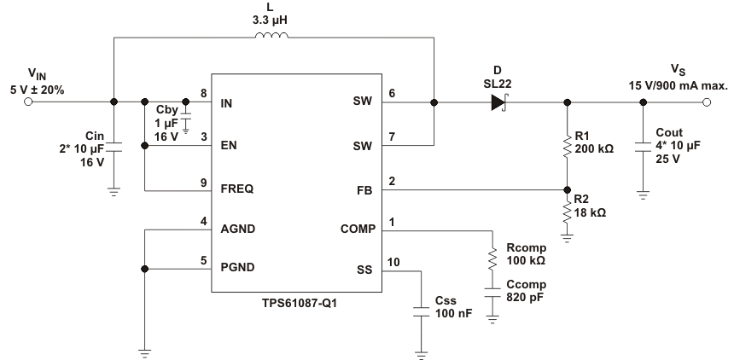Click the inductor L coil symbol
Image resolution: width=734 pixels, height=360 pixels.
(x=272, y=36)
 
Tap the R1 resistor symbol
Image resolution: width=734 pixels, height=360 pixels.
(x=566, y=147)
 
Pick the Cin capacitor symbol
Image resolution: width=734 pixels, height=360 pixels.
(x=114, y=150)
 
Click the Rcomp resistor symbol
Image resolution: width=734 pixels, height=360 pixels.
(x=492, y=258)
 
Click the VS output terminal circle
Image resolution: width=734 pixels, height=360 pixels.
(x=706, y=103)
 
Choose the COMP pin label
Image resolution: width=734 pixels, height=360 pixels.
(x=356, y=230)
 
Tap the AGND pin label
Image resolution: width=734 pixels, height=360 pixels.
(x=239, y=229)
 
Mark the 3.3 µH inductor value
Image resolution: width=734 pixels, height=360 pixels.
(x=272, y=16)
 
